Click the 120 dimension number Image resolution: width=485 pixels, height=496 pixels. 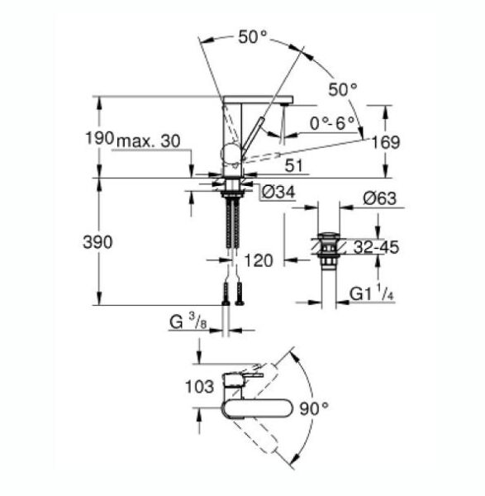coord(259,261)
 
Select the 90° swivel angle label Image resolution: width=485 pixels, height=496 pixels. coord(315,408)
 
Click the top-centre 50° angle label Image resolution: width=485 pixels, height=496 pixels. coord(253,36)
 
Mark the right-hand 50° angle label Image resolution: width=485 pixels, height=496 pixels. coord(342,88)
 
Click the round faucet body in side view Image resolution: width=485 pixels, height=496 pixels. coord(231,153)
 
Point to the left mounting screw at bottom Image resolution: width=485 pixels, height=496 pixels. coord(225,293)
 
